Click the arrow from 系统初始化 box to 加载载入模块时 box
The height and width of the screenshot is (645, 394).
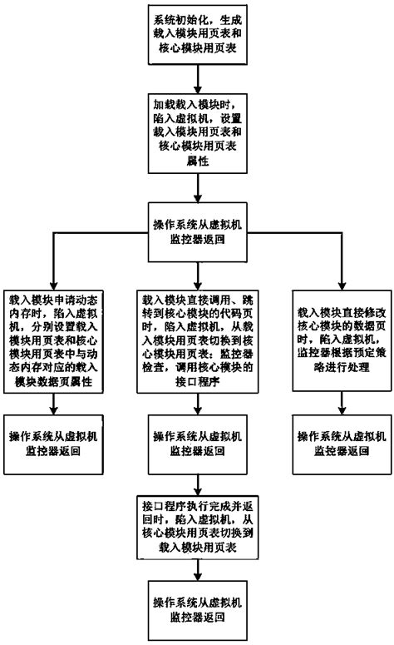point(197,79)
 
